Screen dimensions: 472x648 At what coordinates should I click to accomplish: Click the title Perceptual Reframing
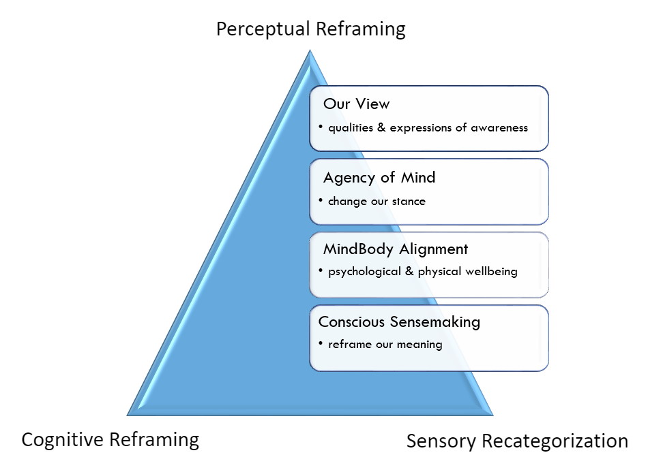(x=310, y=29)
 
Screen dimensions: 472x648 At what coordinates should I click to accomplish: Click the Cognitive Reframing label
(x=111, y=439)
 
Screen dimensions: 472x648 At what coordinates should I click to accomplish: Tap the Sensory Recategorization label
(x=517, y=441)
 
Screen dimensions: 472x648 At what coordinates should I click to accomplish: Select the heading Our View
(x=357, y=104)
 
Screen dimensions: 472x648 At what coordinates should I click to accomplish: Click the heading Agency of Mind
(x=379, y=178)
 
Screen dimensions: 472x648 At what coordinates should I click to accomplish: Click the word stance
(x=408, y=201)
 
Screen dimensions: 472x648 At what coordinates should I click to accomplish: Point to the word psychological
(x=363, y=271)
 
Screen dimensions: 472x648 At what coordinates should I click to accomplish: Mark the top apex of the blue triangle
(x=310, y=50)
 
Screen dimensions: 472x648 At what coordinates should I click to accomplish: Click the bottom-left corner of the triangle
(x=129, y=413)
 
